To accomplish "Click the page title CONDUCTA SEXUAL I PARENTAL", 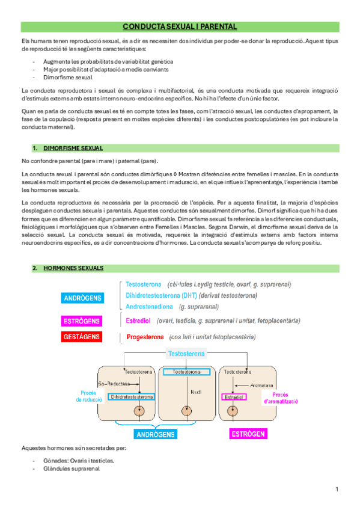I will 180,26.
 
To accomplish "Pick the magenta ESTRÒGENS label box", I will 82,321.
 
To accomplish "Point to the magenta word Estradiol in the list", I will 139,321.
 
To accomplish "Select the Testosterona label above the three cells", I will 186,354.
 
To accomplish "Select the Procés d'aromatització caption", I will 277,398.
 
